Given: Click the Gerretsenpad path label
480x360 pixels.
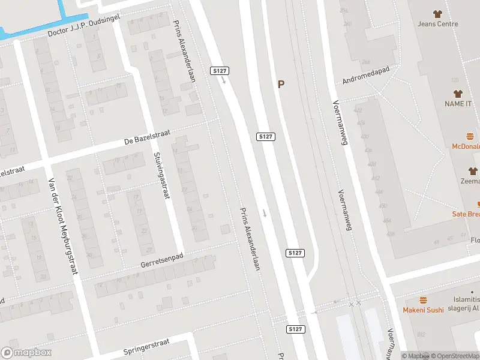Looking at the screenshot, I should [x=161, y=260].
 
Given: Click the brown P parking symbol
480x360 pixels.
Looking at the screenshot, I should [x=281, y=85].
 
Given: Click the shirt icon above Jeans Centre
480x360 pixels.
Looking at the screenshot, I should [x=437, y=13].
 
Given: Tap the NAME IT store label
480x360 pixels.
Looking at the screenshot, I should [x=458, y=104].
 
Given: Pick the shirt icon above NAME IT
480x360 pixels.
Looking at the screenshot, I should [x=458, y=94].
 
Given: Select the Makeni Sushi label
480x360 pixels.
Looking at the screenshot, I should [x=423, y=310].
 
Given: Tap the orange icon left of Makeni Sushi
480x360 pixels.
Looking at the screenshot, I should [x=423, y=300].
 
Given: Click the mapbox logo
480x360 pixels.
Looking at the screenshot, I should [x=25, y=353].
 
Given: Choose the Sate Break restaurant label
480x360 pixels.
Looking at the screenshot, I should [x=466, y=214].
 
